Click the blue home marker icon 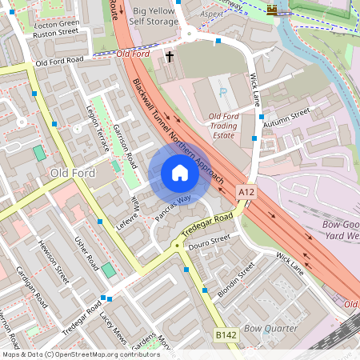point(180,173)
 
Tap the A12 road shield point(246,193)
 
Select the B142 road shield point(226,338)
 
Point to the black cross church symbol point(169,57)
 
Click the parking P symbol point(222,92)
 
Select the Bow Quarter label point(270,329)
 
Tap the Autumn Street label point(286,117)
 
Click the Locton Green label point(57,25)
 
